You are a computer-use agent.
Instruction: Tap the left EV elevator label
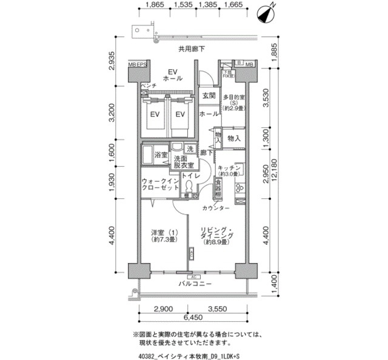click(x=155, y=113)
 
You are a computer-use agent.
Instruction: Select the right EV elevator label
click(x=180, y=113)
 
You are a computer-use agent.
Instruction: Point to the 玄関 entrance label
click(x=209, y=96)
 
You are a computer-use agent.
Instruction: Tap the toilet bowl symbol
click(x=189, y=188)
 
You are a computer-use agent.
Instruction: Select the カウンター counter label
click(x=216, y=208)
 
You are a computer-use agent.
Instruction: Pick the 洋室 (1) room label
click(x=165, y=233)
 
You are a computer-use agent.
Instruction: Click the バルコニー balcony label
click(x=195, y=284)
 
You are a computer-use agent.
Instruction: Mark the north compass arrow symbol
click(x=265, y=13)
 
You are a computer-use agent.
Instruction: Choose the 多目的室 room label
click(x=233, y=96)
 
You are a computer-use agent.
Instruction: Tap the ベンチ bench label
click(x=149, y=86)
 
